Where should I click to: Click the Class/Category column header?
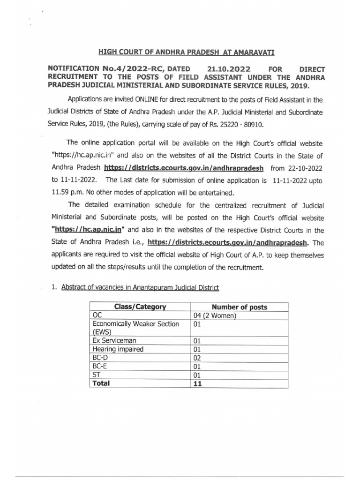(140, 307)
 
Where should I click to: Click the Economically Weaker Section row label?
(135, 324)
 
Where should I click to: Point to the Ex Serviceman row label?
(115, 340)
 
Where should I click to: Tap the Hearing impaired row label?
(118, 349)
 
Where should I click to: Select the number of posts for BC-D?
(197, 358)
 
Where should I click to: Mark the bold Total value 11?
(197, 383)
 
